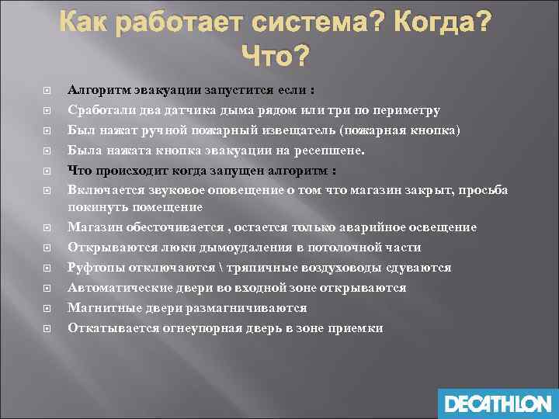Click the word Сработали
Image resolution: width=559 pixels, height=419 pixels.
point(99,109)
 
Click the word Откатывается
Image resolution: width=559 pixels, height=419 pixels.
point(106,327)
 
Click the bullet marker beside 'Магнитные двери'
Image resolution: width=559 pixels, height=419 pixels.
point(48,308)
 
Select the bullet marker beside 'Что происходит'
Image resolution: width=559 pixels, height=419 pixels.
point(48,169)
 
